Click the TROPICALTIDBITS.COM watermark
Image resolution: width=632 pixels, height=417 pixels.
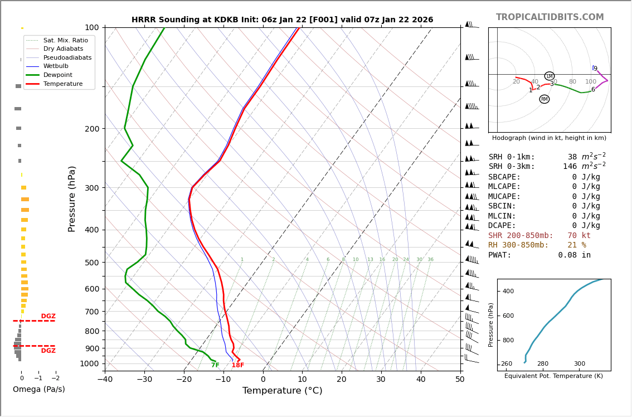point(550,17)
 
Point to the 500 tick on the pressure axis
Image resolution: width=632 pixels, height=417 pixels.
point(92,263)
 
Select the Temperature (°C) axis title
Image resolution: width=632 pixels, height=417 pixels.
point(282,391)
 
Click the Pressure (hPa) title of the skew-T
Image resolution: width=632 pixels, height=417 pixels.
point(72,198)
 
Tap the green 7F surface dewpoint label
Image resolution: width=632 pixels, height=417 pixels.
point(215,365)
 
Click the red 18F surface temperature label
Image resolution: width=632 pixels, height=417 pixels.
point(238,365)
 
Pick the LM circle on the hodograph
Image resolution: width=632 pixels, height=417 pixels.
point(549,76)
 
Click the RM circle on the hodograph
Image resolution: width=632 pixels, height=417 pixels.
point(544,99)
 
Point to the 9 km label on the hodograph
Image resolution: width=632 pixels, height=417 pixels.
point(595,69)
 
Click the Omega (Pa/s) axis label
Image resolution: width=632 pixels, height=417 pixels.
point(38,390)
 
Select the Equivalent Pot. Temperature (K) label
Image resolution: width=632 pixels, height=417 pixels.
point(553,376)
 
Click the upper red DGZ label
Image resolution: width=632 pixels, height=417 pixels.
point(48,317)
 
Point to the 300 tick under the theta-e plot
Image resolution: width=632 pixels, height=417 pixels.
point(579,364)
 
